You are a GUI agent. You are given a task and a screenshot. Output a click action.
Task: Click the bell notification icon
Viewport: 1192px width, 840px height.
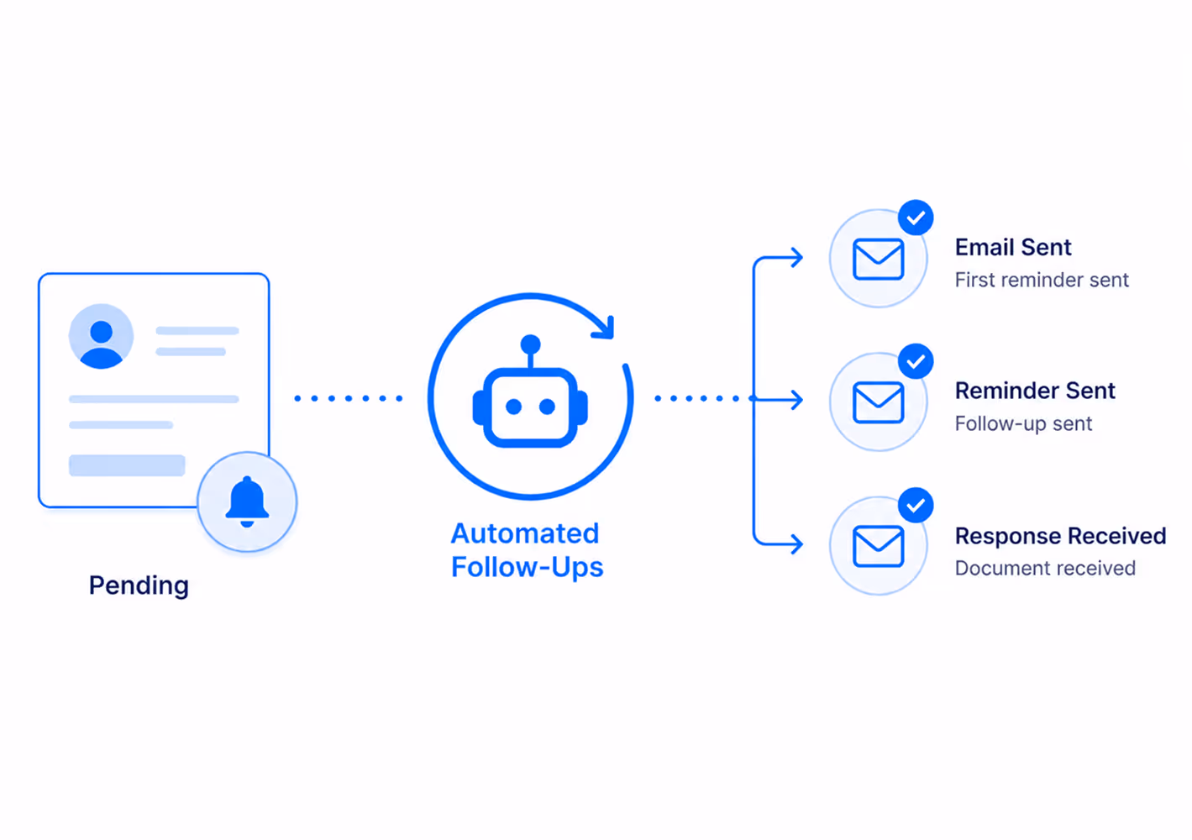[247, 501]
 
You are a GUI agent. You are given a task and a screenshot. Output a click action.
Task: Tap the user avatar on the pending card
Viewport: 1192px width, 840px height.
[101, 336]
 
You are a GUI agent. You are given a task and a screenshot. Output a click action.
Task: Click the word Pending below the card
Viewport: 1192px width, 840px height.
[139, 585]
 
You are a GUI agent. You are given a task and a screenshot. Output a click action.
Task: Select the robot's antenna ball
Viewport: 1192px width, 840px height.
[531, 344]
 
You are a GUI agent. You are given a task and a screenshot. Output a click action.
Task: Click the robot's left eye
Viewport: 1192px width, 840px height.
[513, 407]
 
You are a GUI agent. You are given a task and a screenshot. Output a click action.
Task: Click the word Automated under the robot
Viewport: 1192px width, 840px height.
[525, 533]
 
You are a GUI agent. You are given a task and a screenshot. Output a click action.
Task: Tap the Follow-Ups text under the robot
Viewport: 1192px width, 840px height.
[528, 567]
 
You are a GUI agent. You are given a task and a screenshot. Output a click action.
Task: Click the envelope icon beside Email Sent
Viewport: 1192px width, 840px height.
[878, 259]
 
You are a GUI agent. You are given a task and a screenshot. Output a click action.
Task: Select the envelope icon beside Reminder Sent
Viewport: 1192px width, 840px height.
[878, 402]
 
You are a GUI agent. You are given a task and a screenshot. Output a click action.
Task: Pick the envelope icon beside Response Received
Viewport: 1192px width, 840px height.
[878, 546]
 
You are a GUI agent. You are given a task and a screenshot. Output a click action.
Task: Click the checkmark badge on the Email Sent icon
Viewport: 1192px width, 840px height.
[916, 218]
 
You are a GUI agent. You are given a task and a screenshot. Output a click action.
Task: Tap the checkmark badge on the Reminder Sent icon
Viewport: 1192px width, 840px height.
[916, 361]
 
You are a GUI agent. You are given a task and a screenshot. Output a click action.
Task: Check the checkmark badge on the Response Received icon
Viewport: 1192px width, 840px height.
[916, 505]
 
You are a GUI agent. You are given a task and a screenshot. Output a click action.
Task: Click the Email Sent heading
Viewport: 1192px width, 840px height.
[1013, 247]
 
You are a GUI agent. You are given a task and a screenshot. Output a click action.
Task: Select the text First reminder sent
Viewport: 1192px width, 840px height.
[1042, 281]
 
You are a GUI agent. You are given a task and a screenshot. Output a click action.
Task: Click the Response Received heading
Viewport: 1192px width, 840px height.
[1061, 536]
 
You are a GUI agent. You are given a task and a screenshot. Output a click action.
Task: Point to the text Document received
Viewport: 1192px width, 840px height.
[1045, 568]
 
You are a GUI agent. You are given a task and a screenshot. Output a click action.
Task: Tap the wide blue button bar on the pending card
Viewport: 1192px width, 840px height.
[127, 465]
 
